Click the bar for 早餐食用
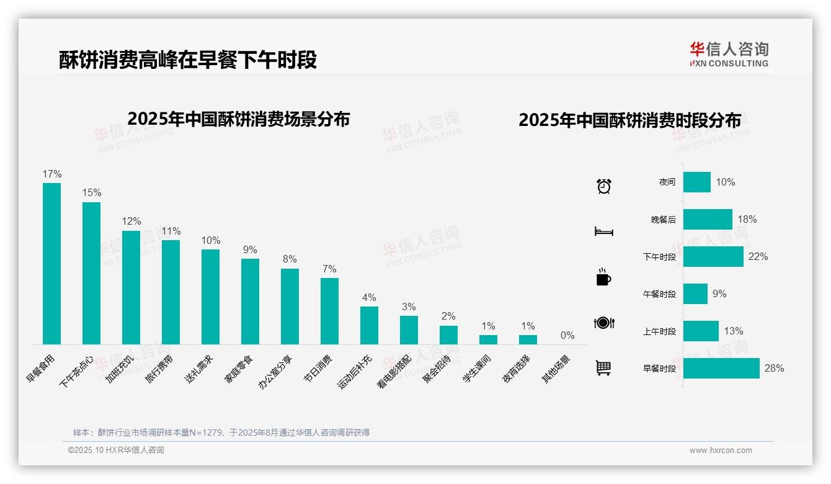(x=51, y=263)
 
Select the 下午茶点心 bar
(x=91, y=273)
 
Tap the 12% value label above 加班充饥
(x=131, y=221)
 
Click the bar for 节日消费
(x=329, y=311)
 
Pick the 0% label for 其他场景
(x=567, y=335)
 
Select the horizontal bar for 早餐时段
(x=721, y=368)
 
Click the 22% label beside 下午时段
(x=758, y=256)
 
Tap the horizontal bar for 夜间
(x=697, y=182)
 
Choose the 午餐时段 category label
(x=659, y=294)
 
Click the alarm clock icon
(x=604, y=186)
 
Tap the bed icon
(x=604, y=231)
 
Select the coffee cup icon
(x=603, y=277)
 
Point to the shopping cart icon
(x=603, y=368)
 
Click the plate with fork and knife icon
(x=604, y=323)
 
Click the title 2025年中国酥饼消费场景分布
(x=239, y=119)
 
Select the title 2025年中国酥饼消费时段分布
(x=629, y=120)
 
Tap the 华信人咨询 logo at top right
(x=729, y=54)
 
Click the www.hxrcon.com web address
(x=721, y=450)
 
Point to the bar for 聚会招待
(x=448, y=335)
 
